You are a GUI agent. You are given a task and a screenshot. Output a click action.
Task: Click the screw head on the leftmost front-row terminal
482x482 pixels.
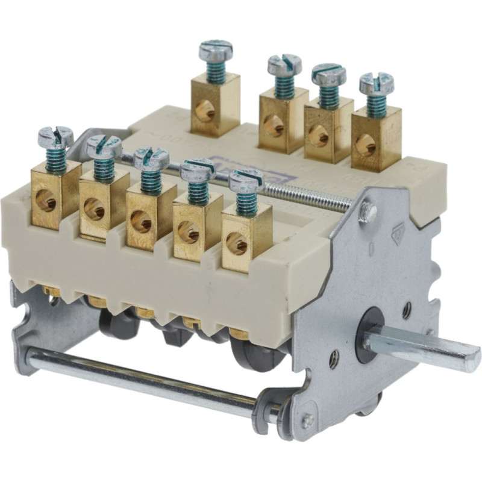pos(55,137)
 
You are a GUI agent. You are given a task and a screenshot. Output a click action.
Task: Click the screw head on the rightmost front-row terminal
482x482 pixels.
pos(246,180)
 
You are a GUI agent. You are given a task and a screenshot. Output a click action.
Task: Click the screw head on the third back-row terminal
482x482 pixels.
pos(328,74)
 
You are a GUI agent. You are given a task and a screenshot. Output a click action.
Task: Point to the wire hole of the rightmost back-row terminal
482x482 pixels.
pos(366,145)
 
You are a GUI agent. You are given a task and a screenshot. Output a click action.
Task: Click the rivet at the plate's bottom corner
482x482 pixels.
pos(308,422)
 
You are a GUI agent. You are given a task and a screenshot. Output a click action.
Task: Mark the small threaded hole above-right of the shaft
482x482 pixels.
pos(407,311)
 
